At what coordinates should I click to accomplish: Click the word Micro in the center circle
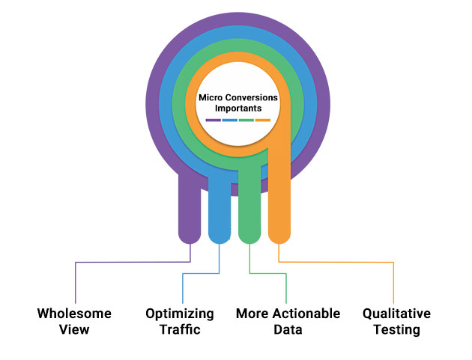[x=211, y=97]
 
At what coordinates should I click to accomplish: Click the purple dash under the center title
[x=213, y=120]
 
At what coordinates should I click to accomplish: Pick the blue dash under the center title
[x=229, y=120]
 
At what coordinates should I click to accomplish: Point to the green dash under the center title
[x=246, y=120]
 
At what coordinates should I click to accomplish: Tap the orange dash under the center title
[x=262, y=120]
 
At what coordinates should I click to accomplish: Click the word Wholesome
[x=74, y=314]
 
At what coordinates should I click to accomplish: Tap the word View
[x=74, y=329]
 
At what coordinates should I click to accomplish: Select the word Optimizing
[x=180, y=314]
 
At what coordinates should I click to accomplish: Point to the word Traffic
[x=180, y=329]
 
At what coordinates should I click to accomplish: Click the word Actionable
[x=305, y=314]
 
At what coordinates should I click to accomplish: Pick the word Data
[x=288, y=329]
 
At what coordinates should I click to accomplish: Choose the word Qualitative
[x=396, y=314]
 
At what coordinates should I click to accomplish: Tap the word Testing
[x=396, y=329]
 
